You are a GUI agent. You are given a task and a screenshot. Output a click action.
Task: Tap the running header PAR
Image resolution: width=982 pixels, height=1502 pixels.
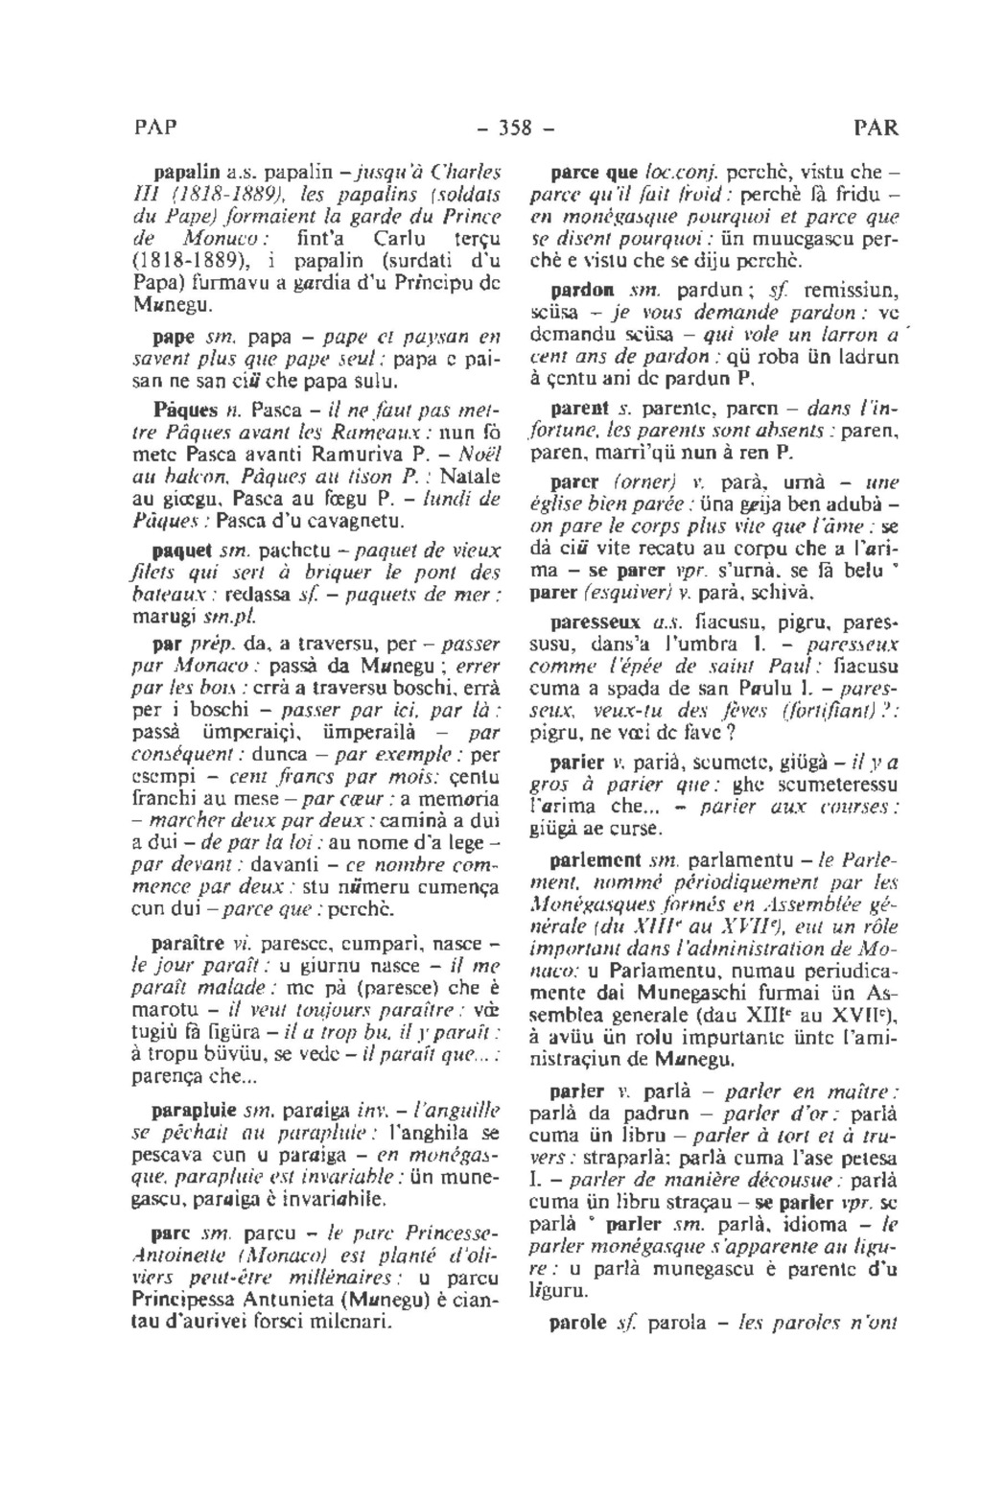(871, 129)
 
